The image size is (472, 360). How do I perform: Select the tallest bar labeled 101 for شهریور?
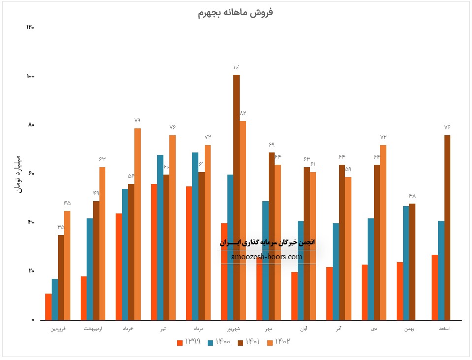point(236,197)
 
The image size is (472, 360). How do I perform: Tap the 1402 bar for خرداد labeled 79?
point(137,224)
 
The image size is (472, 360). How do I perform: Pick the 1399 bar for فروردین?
point(48,306)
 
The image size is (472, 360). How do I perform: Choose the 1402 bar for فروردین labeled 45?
point(67,265)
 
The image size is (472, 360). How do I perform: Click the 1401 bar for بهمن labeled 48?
point(412,261)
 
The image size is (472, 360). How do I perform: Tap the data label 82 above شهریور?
point(243,114)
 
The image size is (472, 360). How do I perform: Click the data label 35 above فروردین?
point(61,227)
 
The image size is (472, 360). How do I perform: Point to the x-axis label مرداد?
point(198,328)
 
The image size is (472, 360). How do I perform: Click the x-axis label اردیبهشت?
point(93,328)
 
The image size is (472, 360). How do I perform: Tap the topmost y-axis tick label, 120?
point(30,28)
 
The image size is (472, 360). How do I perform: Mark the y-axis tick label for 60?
point(31,174)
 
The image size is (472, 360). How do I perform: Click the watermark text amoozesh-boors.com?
point(266,257)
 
